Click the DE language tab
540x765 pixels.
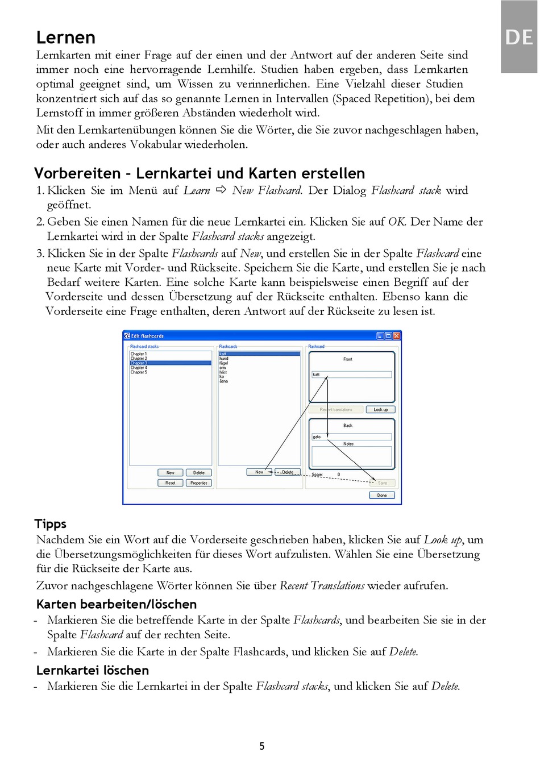[x=518, y=38]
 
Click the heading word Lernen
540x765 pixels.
[x=65, y=38]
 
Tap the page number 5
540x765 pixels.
[x=262, y=746]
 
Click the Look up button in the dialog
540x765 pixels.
[x=380, y=409]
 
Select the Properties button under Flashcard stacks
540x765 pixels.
[x=199, y=483]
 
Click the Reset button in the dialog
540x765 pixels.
[x=170, y=483]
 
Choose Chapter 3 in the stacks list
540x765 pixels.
[x=139, y=363]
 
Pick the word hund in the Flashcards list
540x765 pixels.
[x=224, y=359]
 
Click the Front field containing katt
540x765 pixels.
[x=351, y=375]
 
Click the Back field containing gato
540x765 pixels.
[x=351, y=436]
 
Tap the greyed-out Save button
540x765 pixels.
[x=382, y=483]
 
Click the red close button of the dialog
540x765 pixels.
[x=397, y=336]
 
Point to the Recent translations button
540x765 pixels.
[x=336, y=409]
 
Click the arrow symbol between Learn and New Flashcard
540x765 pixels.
[x=221, y=190]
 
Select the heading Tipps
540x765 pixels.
[x=51, y=523]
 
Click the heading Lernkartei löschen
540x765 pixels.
[x=93, y=670]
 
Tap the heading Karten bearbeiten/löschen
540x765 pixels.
[x=117, y=604]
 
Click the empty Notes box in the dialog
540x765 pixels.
[x=351, y=456]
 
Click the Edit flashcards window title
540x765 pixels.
[x=147, y=336]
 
